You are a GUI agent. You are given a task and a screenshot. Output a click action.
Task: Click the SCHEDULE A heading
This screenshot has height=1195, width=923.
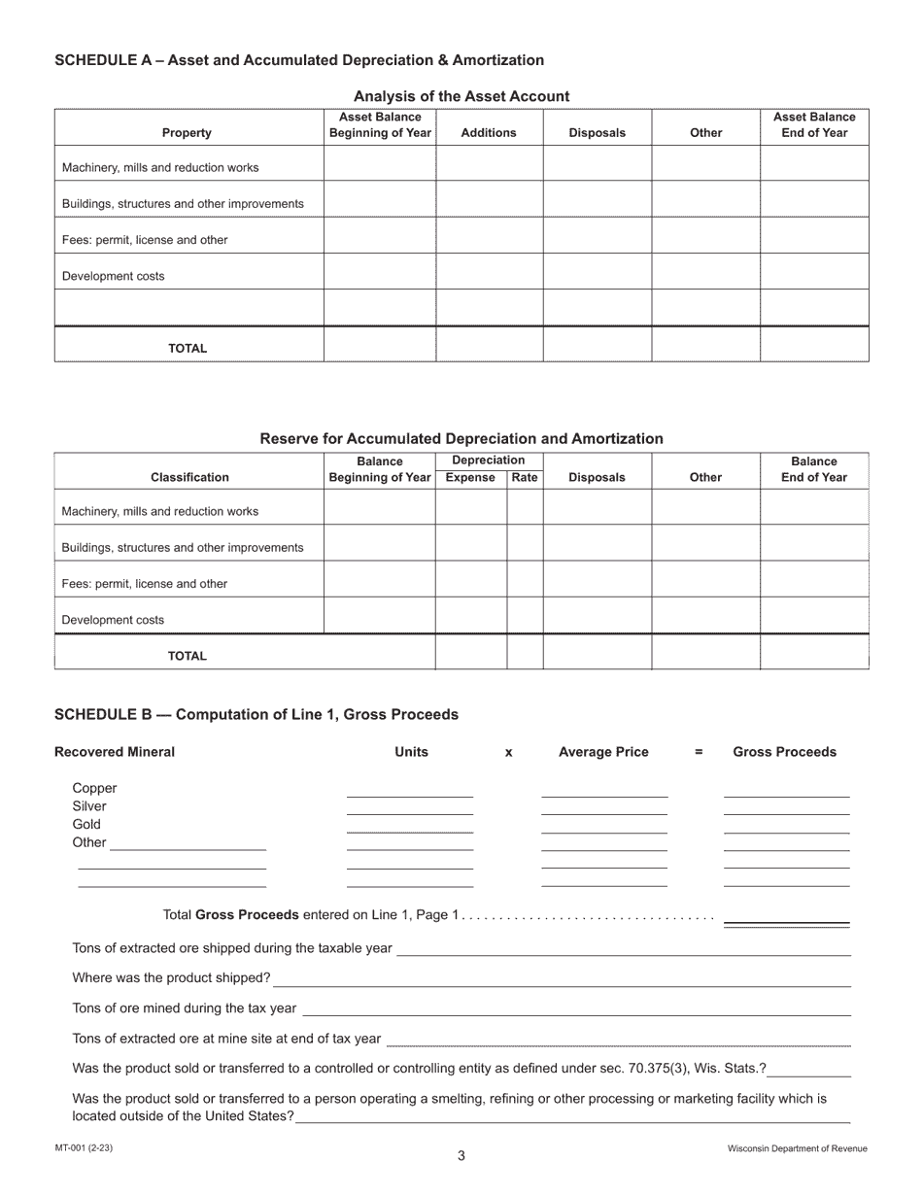click(298, 60)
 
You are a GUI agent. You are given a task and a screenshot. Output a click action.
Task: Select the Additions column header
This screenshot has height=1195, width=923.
click(488, 133)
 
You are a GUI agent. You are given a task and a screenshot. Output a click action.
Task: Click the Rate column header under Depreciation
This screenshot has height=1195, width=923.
click(524, 477)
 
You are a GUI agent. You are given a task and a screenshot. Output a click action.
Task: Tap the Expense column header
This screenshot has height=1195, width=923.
click(470, 477)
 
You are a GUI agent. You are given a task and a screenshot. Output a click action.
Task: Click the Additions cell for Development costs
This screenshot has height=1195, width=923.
click(488, 276)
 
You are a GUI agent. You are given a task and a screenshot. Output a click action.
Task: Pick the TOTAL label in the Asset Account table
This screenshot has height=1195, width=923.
click(188, 348)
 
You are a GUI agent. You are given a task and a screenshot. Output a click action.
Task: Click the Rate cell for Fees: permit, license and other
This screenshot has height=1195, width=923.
click(524, 584)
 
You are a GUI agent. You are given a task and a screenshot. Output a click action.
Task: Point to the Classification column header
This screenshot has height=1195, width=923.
click(189, 477)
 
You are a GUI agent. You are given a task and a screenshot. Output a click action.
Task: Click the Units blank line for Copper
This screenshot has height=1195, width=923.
click(409, 791)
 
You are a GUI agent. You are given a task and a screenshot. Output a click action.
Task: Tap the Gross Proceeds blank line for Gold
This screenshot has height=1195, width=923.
click(786, 828)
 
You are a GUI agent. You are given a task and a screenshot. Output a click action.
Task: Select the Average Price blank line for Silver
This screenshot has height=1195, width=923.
click(603, 809)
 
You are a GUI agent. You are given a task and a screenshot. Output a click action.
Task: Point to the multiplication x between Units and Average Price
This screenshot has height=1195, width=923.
click(508, 753)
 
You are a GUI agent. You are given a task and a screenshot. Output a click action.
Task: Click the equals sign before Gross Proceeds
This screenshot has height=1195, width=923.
click(699, 752)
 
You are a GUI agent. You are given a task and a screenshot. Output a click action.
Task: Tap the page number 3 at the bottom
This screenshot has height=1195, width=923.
click(461, 1155)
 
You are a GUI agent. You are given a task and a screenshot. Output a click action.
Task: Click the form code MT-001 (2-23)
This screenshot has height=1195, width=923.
click(84, 1148)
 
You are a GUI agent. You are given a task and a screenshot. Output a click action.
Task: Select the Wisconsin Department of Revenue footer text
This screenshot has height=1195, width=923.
click(797, 1148)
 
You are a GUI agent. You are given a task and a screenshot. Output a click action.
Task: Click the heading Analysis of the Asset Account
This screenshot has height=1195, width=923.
click(461, 96)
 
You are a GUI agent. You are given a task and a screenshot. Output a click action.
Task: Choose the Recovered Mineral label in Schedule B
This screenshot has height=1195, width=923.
click(115, 752)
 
